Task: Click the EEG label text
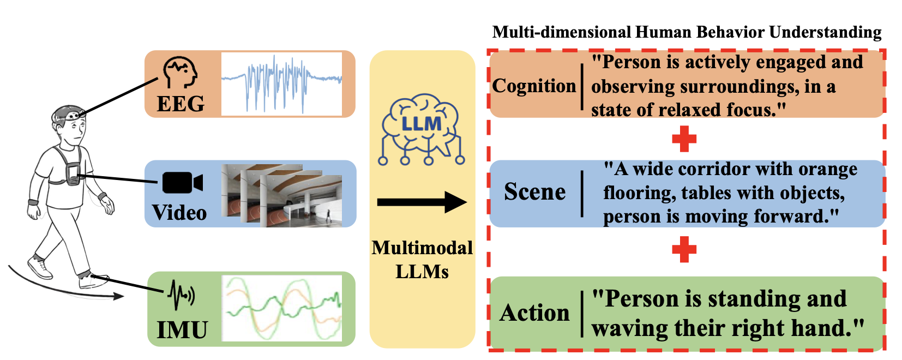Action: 181,104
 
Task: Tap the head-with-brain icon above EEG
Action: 180,73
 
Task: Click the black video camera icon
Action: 182,183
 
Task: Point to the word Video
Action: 179,213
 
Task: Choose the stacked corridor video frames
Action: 281,195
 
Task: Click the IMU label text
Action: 182,330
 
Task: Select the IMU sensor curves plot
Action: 282,309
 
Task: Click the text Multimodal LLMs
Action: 422,260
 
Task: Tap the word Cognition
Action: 534,86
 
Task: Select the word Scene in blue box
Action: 534,192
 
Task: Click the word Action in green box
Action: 534,313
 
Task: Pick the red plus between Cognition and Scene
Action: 684,139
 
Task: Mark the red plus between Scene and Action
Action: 684,249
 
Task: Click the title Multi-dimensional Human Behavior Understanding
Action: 687,32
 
